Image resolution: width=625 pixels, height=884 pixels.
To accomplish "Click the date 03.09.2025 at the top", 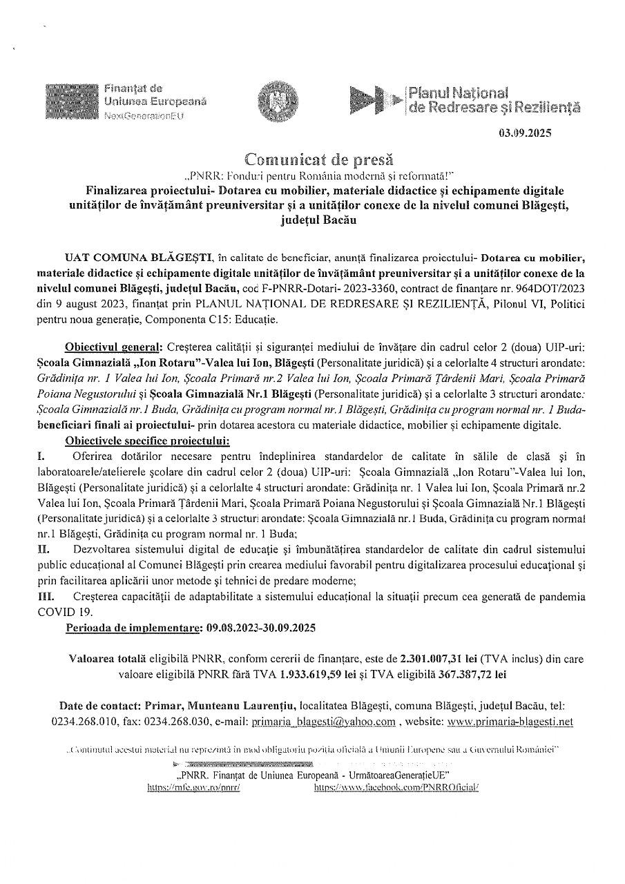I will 526,135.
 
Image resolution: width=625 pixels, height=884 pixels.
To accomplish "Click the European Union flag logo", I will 71,102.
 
